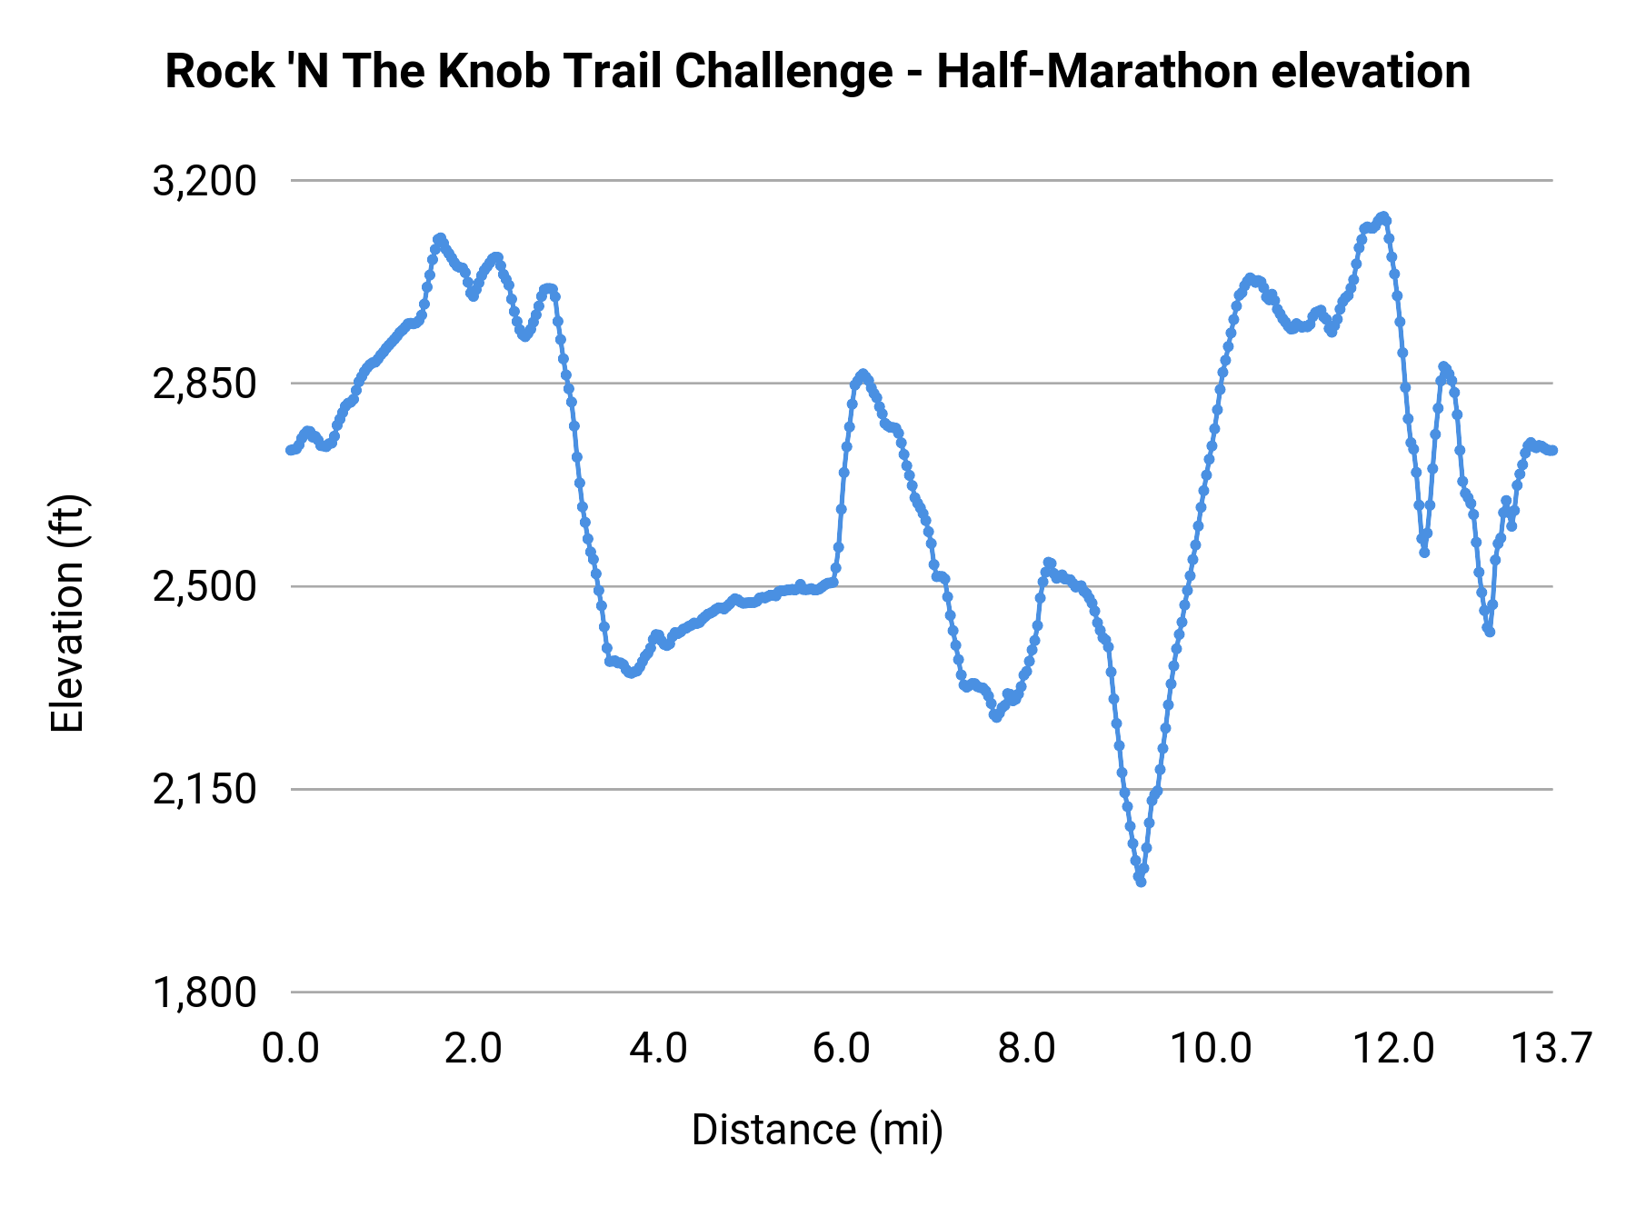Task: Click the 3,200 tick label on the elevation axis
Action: coord(204,182)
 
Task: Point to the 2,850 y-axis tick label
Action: coord(204,384)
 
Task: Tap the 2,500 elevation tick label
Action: coord(204,587)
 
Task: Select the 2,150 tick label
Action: coord(204,790)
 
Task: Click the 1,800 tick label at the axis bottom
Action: coord(204,993)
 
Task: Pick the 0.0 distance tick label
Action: coord(291,1049)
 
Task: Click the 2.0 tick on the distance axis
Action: coord(474,1049)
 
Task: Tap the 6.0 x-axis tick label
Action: coord(842,1049)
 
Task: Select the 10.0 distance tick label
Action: coord(1210,1049)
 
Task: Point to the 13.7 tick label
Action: coord(1551,1049)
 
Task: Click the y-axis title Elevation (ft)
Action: coord(67,613)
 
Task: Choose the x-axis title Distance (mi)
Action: coord(817,1130)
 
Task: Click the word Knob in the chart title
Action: coord(494,72)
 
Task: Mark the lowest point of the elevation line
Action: coord(1141,882)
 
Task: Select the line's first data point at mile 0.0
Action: coord(290,450)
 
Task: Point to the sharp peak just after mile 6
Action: coord(862,374)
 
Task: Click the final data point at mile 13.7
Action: coord(1553,450)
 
